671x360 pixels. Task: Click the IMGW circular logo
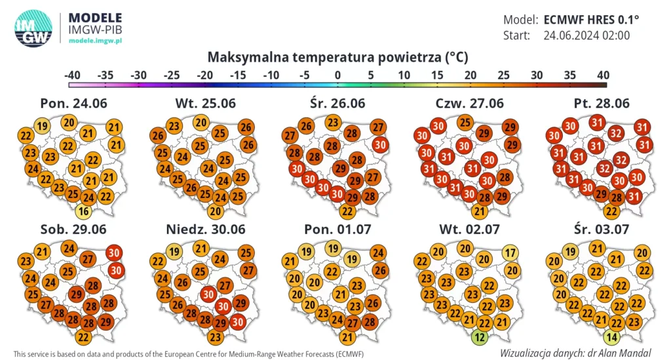tap(33, 28)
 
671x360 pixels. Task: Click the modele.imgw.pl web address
tap(96, 41)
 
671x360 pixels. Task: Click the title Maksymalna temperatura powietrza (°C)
tap(337, 57)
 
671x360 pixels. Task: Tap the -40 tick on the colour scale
tap(72, 75)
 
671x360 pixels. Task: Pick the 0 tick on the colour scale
tap(337, 75)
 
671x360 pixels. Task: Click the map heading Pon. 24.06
tap(73, 104)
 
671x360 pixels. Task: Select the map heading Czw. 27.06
tap(469, 104)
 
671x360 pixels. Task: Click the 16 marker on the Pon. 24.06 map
tap(83, 211)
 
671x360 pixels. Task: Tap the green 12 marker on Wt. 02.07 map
tap(480, 337)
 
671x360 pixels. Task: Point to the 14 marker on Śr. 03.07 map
tap(611, 337)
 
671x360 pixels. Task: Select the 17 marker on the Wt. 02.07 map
tap(511, 253)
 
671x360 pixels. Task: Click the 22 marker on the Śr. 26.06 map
tap(348, 211)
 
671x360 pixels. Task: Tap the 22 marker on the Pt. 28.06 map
tap(611, 211)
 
